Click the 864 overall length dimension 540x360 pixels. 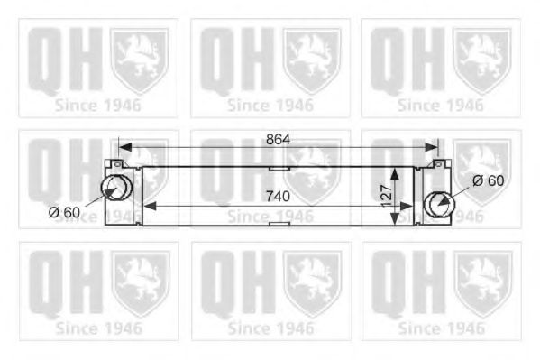(279, 139)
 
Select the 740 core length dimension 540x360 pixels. (279, 194)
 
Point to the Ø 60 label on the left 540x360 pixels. (66, 213)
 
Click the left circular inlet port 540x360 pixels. (114, 188)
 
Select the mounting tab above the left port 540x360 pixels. (114, 164)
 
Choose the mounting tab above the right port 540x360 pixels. (439, 165)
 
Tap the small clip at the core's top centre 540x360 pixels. (279, 167)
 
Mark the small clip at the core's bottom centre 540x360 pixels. (279, 222)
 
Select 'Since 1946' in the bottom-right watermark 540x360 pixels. (440, 328)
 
